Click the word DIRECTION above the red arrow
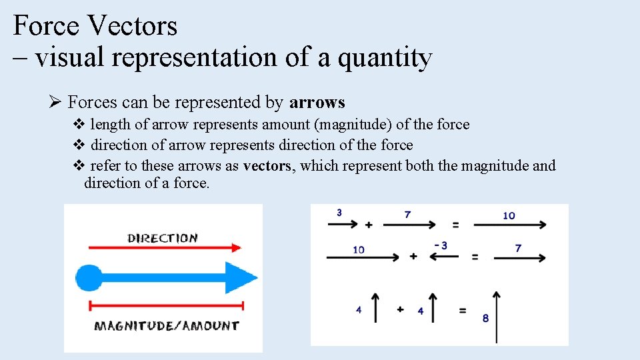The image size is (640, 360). (163, 238)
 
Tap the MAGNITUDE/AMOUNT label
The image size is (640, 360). (166, 325)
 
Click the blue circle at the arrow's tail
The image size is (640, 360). (89, 278)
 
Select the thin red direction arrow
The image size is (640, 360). (164, 248)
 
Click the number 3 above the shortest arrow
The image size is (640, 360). (339, 213)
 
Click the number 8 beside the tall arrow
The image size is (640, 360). (485, 319)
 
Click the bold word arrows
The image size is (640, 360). (317, 103)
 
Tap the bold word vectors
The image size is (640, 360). (267, 166)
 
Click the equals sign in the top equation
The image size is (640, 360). (456, 225)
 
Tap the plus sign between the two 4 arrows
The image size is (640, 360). (400, 309)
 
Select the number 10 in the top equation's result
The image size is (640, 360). (509, 215)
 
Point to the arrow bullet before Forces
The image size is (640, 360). (55, 103)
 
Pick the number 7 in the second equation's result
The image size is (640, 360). (518, 248)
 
